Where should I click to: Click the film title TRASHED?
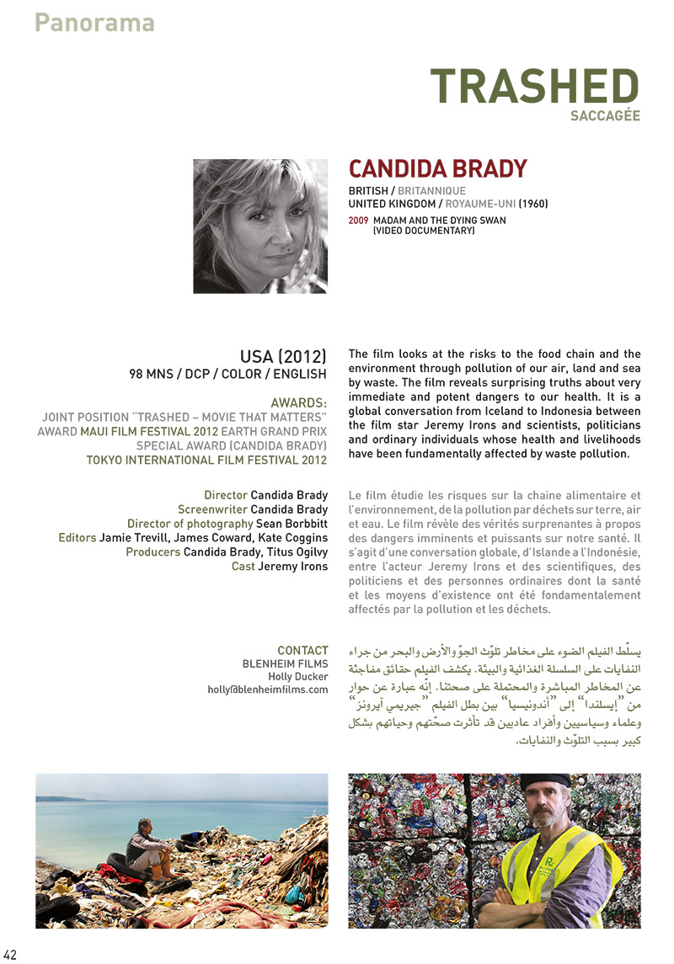(x=534, y=86)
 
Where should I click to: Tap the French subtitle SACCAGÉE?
(x=604, y=116)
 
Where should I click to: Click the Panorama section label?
(x=94, y=23)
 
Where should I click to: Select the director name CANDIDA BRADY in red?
(x=437, y=168)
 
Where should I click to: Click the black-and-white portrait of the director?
(x=260, y=226)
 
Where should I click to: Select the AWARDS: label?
(x=299, y=403)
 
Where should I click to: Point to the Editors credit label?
(x=77, y=538)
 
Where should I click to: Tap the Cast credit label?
(x=243, y=567)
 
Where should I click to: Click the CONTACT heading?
(x=302, y=650)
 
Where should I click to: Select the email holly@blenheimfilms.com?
(x=268, y=690)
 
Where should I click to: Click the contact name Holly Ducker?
(x=298, y=676)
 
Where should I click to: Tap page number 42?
(x=10, y=954)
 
